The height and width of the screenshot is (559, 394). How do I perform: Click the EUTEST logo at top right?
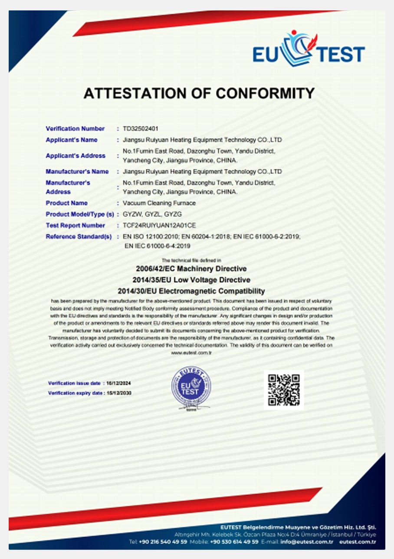309,51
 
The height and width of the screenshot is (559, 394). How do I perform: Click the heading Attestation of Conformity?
199,93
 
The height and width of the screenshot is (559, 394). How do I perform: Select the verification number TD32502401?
140,128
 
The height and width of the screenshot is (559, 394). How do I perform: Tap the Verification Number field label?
75,128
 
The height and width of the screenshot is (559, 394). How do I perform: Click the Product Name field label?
66,203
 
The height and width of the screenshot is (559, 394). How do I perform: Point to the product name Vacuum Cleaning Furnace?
159,203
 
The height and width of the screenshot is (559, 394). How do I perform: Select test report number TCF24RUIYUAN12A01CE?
159,226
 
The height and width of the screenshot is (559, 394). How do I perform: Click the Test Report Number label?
75,226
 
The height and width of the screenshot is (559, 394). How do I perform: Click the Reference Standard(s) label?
79,237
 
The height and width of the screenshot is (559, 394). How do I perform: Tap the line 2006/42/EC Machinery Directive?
191,269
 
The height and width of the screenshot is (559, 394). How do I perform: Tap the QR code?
284,390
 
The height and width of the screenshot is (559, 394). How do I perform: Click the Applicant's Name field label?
72,140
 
